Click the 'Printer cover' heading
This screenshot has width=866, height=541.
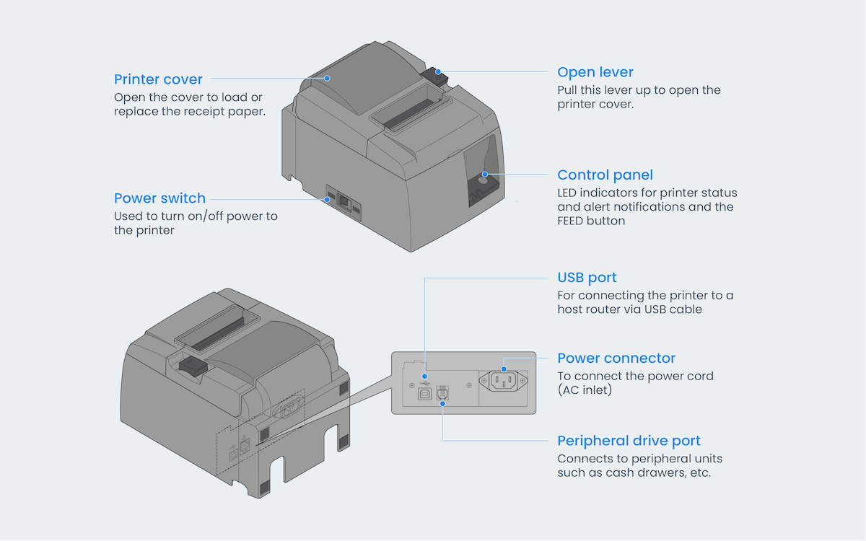158,79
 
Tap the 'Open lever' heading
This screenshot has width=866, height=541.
595,72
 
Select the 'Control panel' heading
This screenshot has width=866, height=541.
605,175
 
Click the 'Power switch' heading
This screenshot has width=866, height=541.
159,198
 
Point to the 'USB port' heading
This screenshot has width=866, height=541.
587,278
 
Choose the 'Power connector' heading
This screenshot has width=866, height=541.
616,359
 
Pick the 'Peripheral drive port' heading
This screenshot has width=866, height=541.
629,441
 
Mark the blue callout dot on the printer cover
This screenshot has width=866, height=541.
327,78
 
